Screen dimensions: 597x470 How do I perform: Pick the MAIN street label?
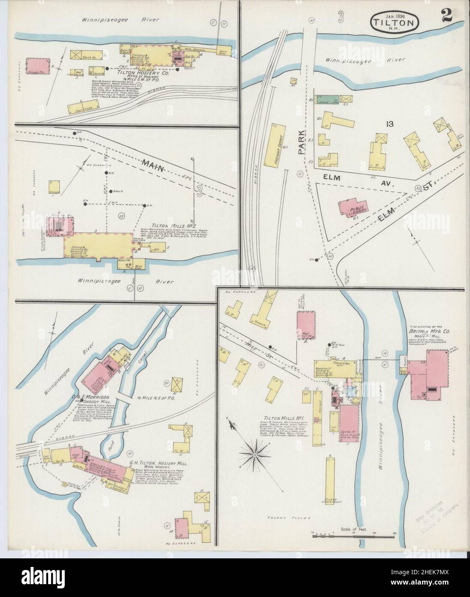pos(156,165)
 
